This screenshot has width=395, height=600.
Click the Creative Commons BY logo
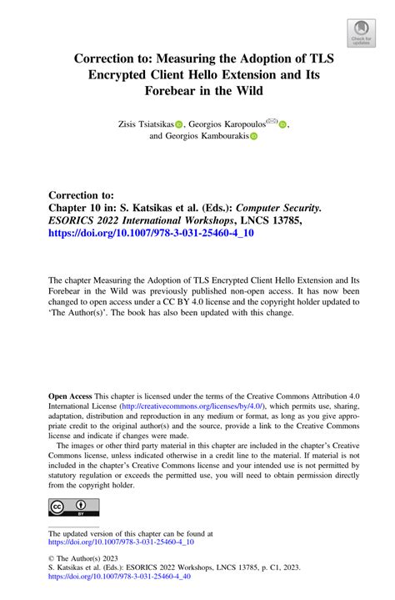(x=73, y=508)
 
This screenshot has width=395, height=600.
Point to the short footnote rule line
(x=73, y=527)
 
